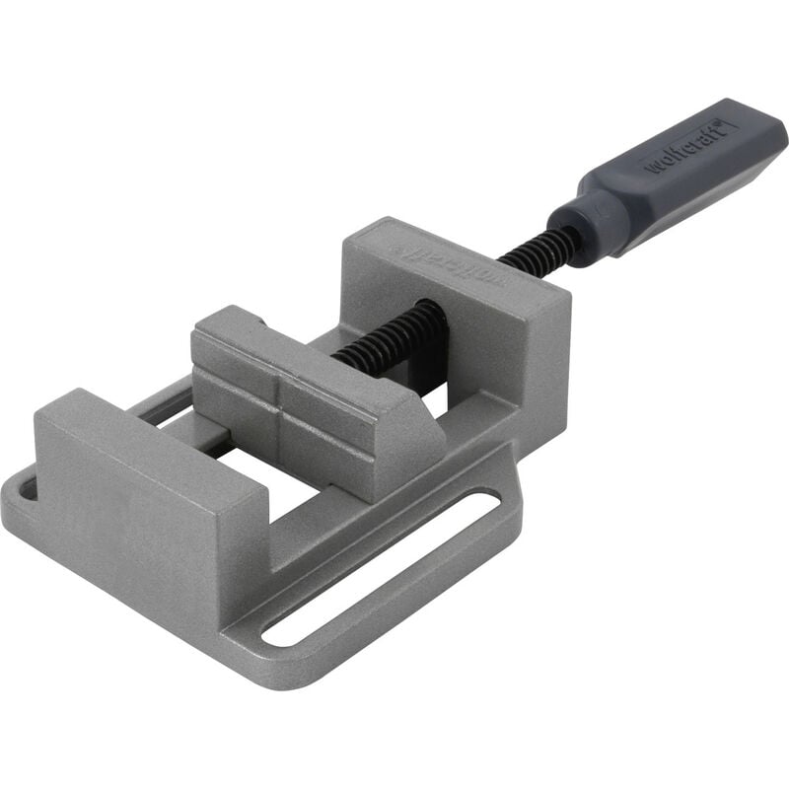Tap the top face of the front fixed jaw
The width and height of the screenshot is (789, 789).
148,434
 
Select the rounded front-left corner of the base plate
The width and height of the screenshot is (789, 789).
20,513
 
